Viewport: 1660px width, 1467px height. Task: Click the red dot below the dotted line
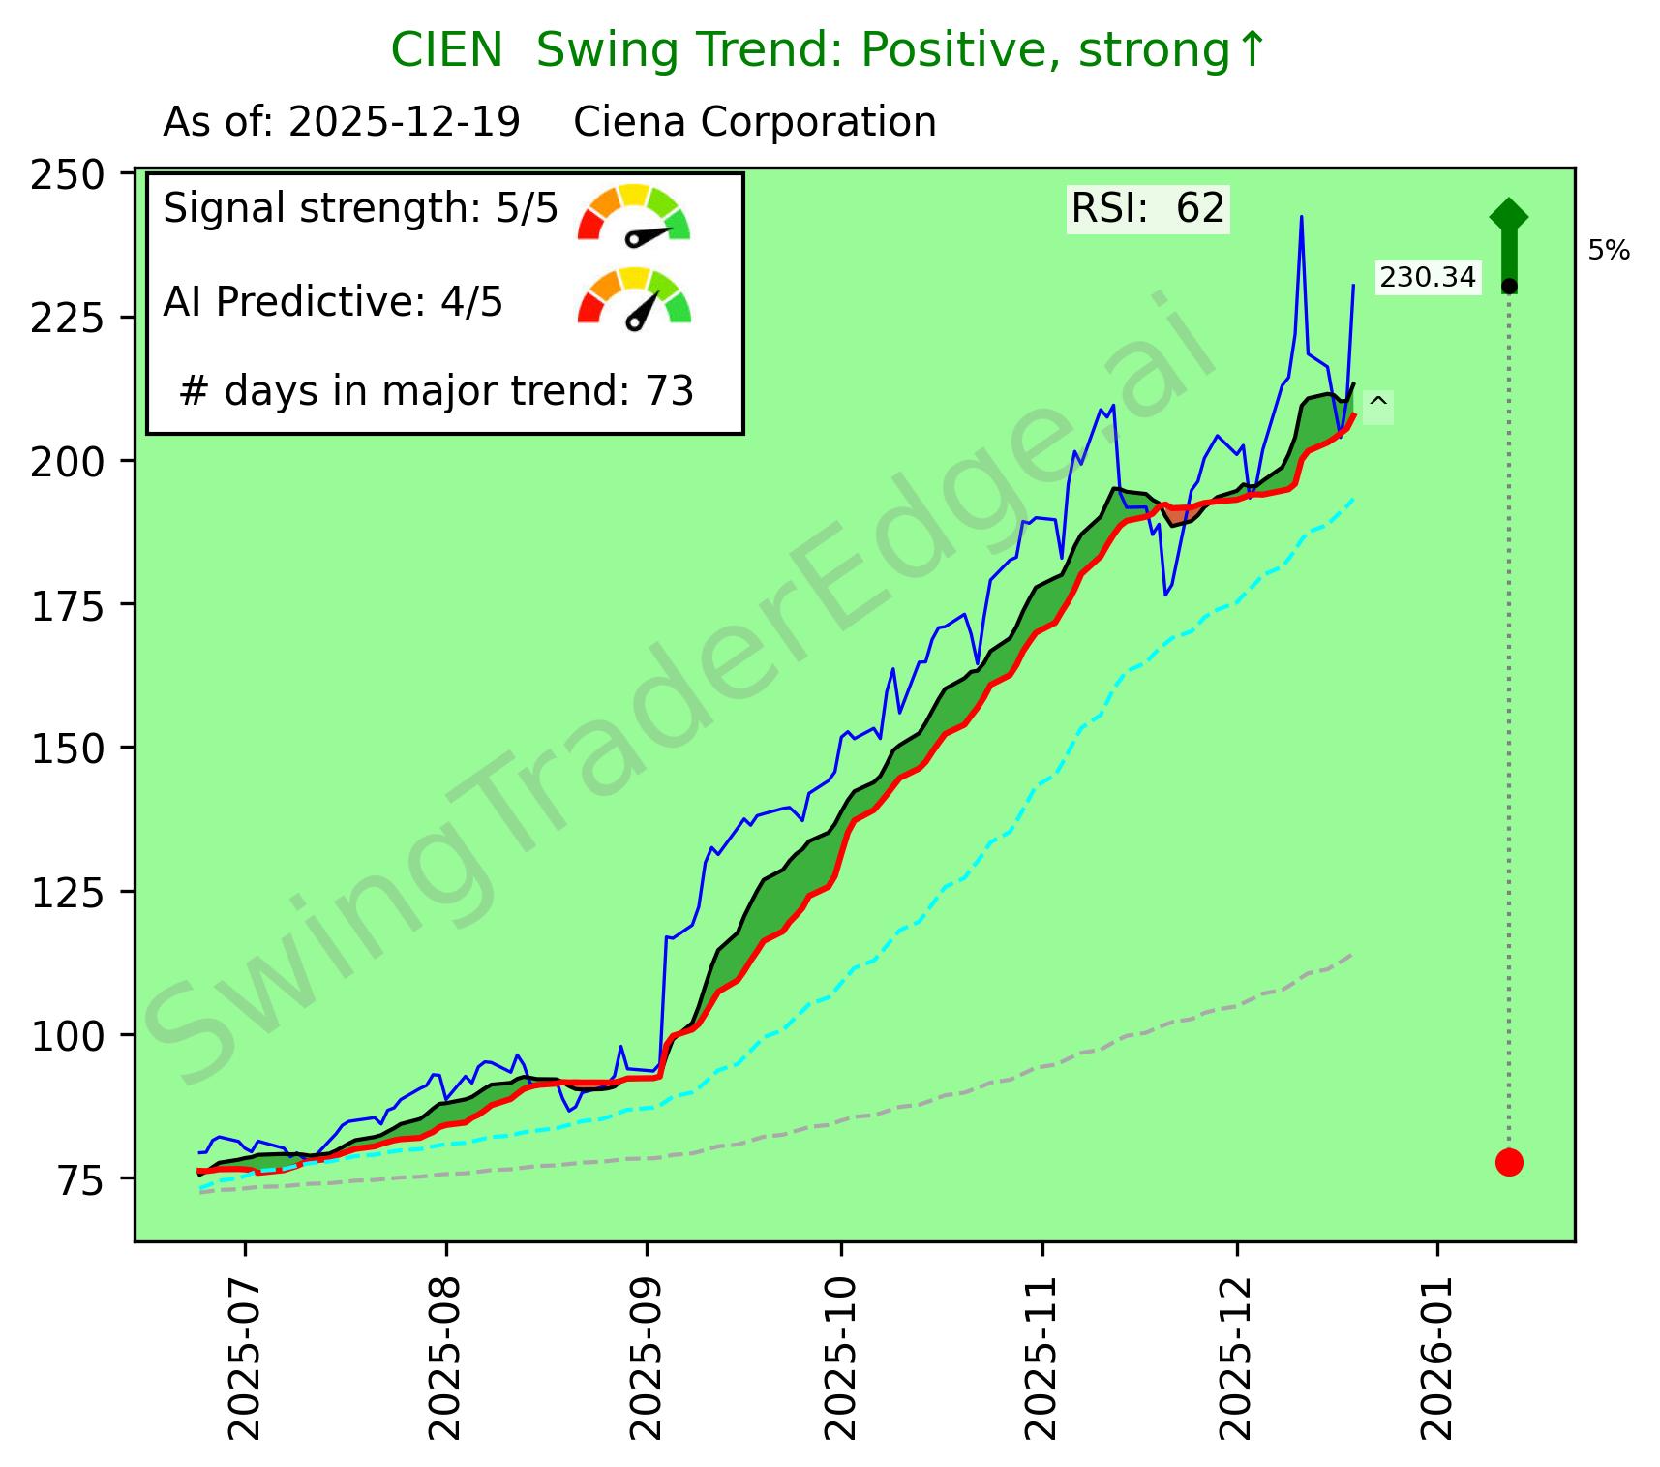[x=1509, y=1162]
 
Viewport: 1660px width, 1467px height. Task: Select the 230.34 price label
[x=1428, y=278]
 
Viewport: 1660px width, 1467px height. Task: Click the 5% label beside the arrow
[x=1609, y=252]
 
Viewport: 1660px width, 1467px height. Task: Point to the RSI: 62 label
[x=1148, y=209]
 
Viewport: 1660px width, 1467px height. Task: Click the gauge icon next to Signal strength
[x=634, y=213]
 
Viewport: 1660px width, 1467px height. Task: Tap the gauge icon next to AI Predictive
[x=634, y=298]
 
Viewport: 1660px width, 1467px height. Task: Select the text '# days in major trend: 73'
[x=437, y=391]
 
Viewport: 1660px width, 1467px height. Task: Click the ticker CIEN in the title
[x=447, y=50]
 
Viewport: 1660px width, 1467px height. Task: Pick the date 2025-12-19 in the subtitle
[x=405, y=123]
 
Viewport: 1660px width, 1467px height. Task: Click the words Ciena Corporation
[x=755, y=123]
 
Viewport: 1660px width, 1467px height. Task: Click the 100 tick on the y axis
[x=68, y=1036]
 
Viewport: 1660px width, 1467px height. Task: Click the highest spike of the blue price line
[x=1301, y=217]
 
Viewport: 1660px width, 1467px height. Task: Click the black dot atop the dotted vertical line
[x=1509, y=287]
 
